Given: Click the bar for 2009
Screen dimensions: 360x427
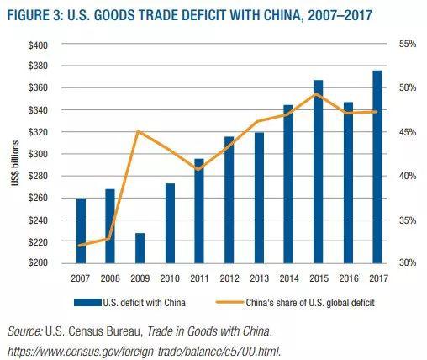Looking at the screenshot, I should point(140,247).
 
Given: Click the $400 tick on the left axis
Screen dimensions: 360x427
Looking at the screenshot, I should point(38,44).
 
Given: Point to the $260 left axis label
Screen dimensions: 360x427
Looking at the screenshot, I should point(38,198).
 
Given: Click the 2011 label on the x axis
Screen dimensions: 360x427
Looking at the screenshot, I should point(200,278).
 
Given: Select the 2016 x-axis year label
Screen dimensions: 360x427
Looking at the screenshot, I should point(348,278).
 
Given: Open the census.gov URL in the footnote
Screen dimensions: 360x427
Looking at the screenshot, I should point(143,351).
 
